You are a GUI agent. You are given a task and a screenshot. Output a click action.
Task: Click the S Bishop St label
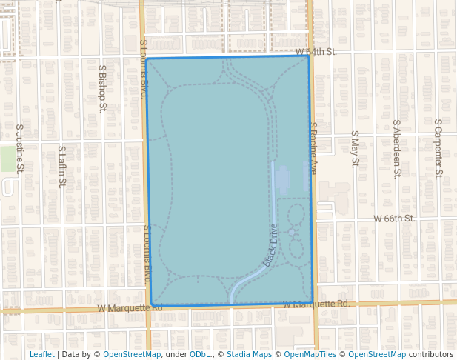103,87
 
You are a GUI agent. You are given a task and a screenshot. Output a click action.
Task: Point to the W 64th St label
316,52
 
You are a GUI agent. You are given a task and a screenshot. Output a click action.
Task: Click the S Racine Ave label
313,148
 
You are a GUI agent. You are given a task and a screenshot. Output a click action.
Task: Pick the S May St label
355,148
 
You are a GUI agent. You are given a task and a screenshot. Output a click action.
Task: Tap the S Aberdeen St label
396,148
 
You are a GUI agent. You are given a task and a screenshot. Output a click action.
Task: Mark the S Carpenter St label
438,148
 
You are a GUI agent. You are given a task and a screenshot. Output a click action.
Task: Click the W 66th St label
394,219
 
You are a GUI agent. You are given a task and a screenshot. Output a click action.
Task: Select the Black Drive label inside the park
270,245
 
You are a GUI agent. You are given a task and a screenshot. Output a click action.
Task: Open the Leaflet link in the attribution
41,354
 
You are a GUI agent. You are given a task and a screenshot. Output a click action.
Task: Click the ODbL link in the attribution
200,354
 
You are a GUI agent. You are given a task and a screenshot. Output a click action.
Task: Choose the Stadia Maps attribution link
249,354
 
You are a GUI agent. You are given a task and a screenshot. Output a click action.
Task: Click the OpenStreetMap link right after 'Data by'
132,354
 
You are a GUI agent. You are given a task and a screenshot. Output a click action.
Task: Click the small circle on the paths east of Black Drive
292,233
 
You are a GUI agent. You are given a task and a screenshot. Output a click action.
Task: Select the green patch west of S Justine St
7,158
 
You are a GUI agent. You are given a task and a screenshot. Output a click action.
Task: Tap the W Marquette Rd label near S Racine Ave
316,304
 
